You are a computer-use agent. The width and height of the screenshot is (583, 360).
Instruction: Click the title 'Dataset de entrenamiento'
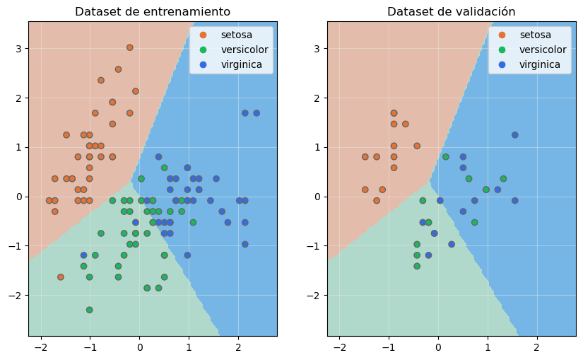(x=153, y=12)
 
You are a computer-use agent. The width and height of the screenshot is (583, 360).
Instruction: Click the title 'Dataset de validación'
(x=451, y=12)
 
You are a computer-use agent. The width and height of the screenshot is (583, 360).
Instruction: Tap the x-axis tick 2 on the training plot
(x=238, y=348)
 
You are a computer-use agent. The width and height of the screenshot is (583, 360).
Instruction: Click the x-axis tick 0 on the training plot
(x=139, y=348)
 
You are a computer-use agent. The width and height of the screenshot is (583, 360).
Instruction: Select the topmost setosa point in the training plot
(x=130, y=47)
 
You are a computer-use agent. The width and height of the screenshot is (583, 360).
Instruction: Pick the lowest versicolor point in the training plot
(x=90, y=310)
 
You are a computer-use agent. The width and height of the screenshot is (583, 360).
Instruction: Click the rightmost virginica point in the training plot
(x=257, y=113)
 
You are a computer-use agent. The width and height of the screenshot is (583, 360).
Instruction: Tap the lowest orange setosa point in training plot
(x=61, y=277)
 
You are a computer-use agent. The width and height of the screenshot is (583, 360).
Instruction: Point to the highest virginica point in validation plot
(x=514, y=135)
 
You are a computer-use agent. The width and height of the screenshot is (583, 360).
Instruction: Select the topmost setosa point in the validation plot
(x=394, y=113)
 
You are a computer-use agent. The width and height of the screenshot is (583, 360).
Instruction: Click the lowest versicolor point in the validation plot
(x=417, y=266)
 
